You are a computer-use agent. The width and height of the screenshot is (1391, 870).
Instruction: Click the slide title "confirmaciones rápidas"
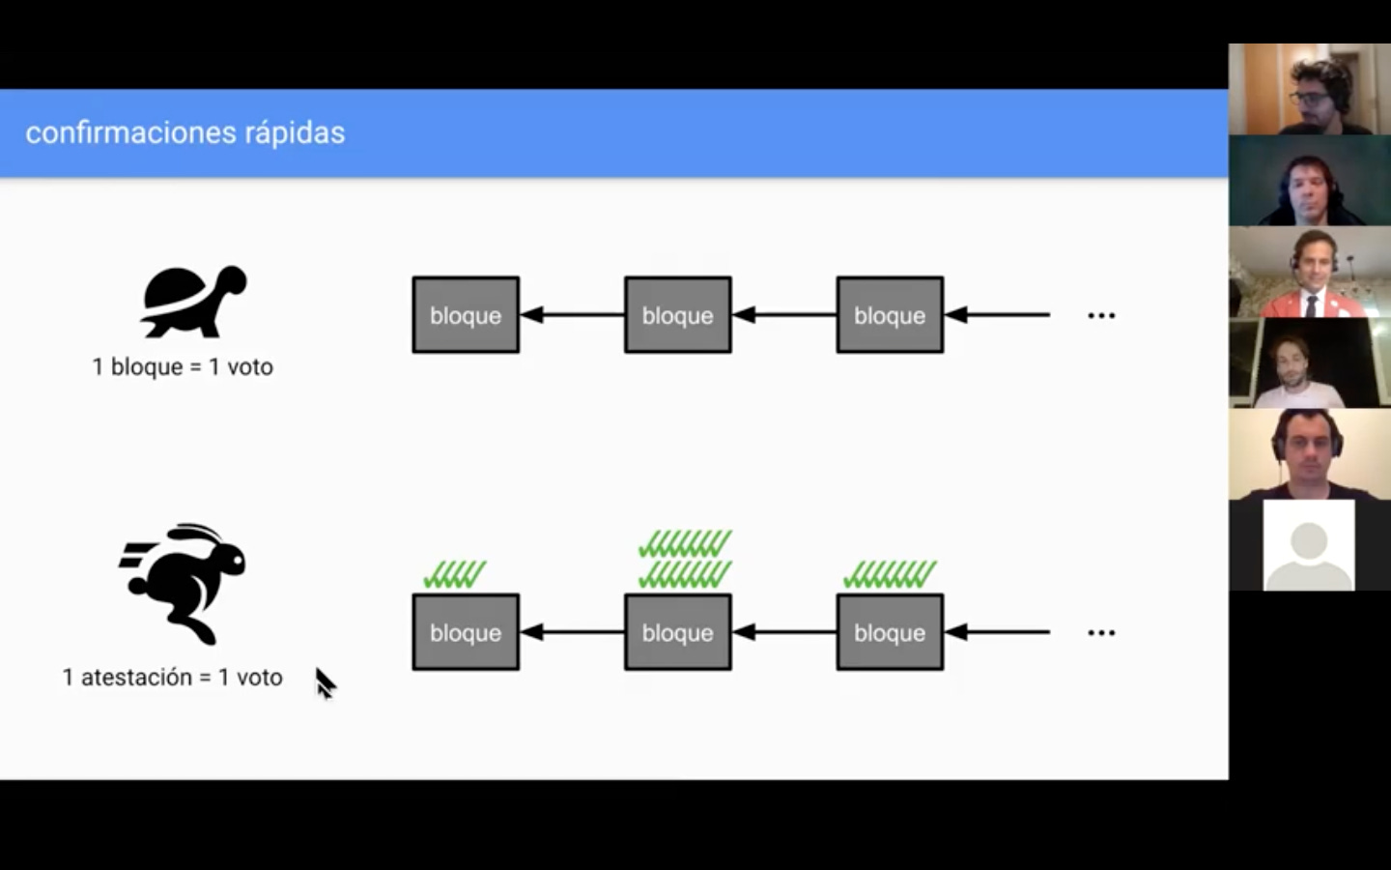(x=185, y=132)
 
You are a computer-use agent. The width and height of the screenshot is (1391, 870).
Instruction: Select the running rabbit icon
(x=185, y=583)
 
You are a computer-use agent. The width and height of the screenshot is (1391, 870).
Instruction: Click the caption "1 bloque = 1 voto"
(x=183, y=367)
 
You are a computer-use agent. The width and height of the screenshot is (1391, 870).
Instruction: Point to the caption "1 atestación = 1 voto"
(x=172, y=678)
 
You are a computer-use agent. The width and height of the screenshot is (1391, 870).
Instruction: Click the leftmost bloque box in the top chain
(x=466, y=315)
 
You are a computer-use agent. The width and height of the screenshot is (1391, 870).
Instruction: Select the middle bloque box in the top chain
(x=678, y=315)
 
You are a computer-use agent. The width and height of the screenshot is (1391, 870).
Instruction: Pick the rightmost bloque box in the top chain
(x=890, y=315)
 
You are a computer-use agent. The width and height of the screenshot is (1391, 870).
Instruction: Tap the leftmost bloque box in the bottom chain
(x=466, y=632)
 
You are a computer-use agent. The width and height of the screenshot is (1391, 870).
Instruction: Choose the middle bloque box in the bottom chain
(x=678, y=632)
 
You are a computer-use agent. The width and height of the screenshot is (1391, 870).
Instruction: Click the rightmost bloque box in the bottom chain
(x=890, y=632)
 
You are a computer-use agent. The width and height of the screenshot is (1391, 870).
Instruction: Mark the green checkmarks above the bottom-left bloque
(x=455, y=574)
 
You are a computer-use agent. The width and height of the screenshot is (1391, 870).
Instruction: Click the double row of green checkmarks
(x=685, y=559)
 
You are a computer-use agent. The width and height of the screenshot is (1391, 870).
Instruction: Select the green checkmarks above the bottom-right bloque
(x=890, y=574)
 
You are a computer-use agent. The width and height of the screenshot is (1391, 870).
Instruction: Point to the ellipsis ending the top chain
(x=1101, y=316)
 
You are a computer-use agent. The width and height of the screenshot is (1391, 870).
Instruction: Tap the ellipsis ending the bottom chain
(x=1101, y=633)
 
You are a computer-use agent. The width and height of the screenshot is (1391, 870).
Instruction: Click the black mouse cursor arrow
(x=325, y=682)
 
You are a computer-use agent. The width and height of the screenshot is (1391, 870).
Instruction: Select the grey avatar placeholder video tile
(x=1309, y=545)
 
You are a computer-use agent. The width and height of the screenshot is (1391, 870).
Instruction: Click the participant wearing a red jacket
(x=1311, y=274)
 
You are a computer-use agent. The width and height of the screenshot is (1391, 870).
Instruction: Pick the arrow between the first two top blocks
(x=572, y=315)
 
